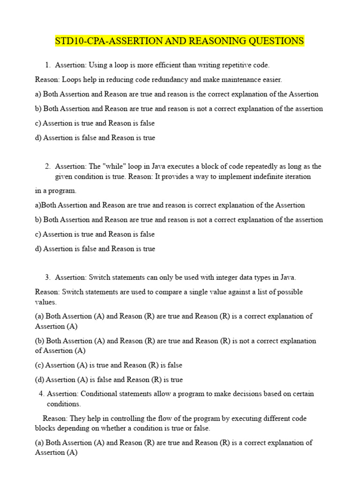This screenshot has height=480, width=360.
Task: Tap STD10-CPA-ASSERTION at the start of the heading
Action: click(x=103, y=41)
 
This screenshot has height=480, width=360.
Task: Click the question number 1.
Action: click(x=48, y=65)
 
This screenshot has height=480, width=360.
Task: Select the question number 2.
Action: click(x=48, y=166)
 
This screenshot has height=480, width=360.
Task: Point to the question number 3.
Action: click(x=48, y=277)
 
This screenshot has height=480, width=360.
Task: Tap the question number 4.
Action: click(x=41, y=394)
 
